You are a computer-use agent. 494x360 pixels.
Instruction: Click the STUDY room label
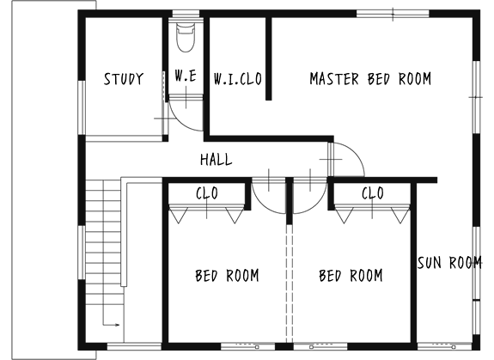pyautogui.click(x=124, y=79)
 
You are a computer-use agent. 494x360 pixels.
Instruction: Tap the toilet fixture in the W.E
pyautogui.click(x=186, y=37)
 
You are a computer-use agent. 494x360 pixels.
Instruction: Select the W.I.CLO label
pyautogui.click(x=237, y=79)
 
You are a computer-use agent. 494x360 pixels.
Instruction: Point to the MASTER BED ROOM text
pyautogui.click(x=370, y=79)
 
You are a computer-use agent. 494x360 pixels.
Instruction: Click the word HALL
pyautogui.click(x=217, y=159)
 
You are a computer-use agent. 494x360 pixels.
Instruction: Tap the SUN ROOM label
pyautogui.click(x=449, y=262)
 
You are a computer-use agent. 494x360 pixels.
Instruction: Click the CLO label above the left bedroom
pyautogui.click(x=207, y=193)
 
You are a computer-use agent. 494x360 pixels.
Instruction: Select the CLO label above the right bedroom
pyautogui.click(x=373, y=193)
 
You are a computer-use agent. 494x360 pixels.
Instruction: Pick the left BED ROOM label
pyautogui.click(x=227, y=275)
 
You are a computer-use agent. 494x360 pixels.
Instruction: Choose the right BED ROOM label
pyautogui.click(x=351, y=275)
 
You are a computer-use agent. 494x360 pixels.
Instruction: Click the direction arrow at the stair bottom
pyautogui.click(x=111, y=325)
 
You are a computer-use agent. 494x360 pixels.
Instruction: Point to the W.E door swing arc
pyautogui.click(x=180, y=122)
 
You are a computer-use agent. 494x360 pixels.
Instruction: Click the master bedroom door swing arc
pyautogui.click(x=356, y=151)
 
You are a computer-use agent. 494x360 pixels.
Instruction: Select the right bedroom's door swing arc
pyautogui.click(x=317, y=204)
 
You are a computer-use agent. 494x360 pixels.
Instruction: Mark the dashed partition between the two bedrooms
pyautogui.click(x=290, y=284)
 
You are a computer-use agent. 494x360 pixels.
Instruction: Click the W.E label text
pyautogui.click(x=186, y=76)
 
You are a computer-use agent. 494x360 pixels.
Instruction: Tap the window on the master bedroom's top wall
pyautogui.click(x=393, y=14)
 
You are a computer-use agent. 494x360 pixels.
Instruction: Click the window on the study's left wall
pyautogui.click(x=82, y=107)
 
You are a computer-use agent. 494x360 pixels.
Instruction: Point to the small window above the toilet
pyautogui.click(x=186, y=14)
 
